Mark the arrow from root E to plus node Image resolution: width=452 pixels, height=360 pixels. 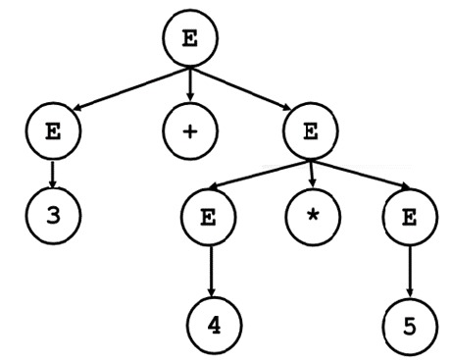190,87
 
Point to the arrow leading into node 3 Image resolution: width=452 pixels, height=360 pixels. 54,174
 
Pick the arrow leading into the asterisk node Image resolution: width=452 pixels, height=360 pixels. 312,173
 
